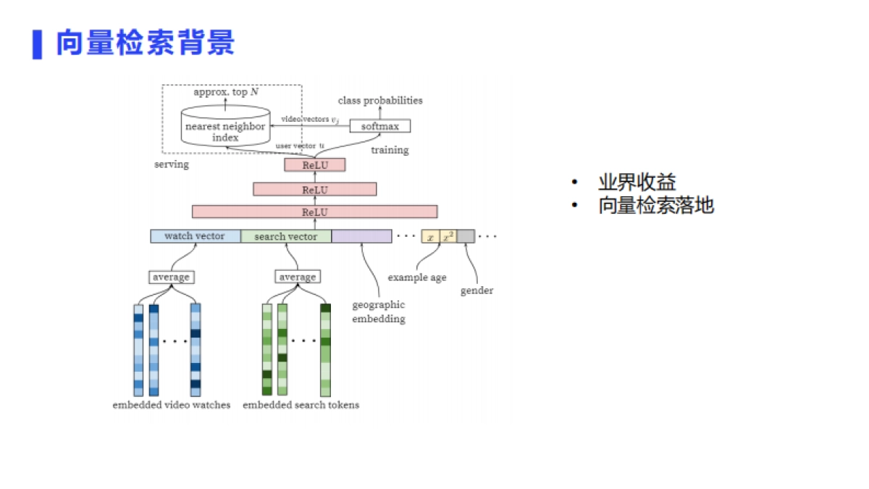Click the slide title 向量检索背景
pyautogui.click(x=146, y=43)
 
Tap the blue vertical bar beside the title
pyautogui.click(x=37, y=44)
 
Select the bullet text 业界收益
pyautogui.click(x=637, y=183)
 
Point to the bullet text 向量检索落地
pyautogui.click(x=655, y=206)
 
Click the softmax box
pyautogui.click(x=379, y=126)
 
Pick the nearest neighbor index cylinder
pyautogui.click(x=225, y=126)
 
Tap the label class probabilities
pyautogui.click(x=380, y=101)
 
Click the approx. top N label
pyautogui.click(x=225, y=93)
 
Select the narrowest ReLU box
pyautogui.click(x=315, y=165)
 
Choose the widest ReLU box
pyautogui.click(x=315, y=212)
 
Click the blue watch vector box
pyautogui.click(x=195, y=236)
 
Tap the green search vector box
pyautogui.click(x=286, y=236)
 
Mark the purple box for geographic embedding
pyautogui.click(x=361, y=236)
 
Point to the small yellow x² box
pyautogui.click(x=448, y=236)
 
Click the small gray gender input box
pyautogui.click(x=466, y=236)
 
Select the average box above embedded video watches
pyautogui.click(x=172, y=277)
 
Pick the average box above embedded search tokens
pyautogui.click(x=298, y=277)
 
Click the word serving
pyautogui.click(x=172, y=164)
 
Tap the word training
pyautogui.click(x=390, y=150)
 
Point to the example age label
pyautogui.click(x=417, y=277)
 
